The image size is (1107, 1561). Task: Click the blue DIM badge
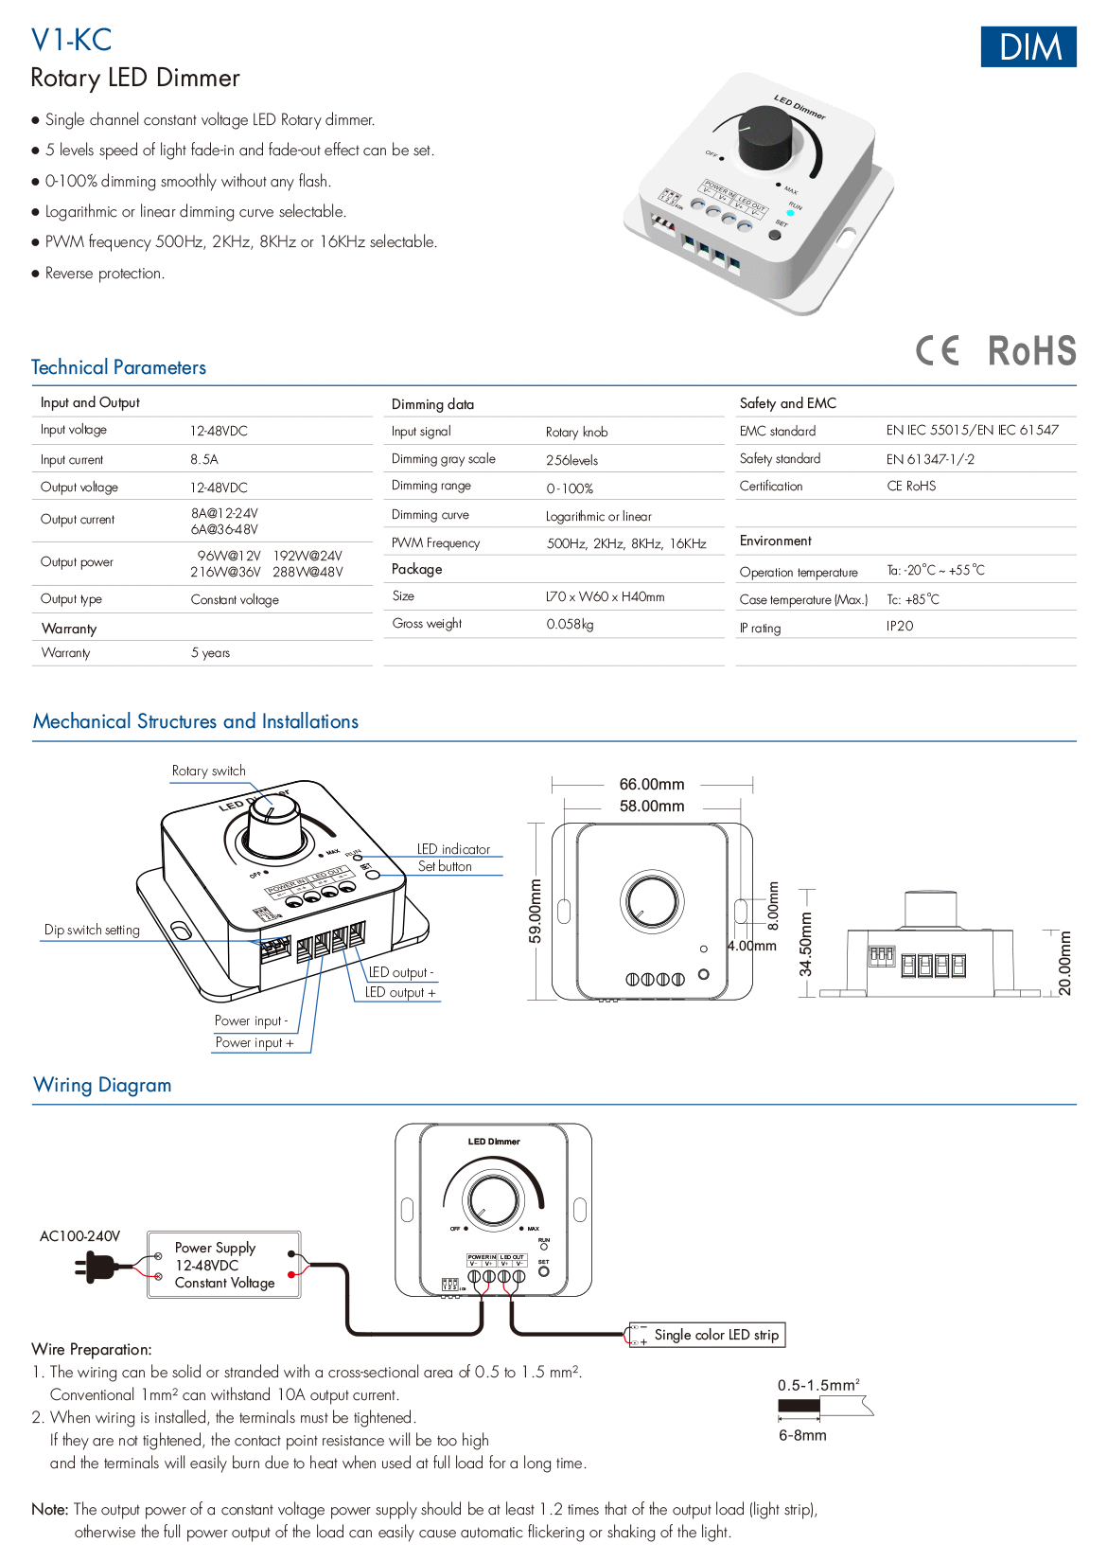pyautogui.click(x=1028, y=46)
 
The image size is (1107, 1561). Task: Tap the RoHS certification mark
pyautogui.click(x=1031, y=350)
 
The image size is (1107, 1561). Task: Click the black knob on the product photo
pyautogui.click(x=765, y=137)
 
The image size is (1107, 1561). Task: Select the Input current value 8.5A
pyautogui.click(x=204, y=459)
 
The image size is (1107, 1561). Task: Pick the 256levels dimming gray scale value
pyautogui.click(x=572, y=460)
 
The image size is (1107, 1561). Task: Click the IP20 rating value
pyautogui.click(x=900, y=626)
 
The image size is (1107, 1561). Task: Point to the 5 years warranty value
pyautogui.click(x=210, y=653)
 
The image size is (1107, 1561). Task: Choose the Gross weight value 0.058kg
pyautogui.click(x=570, y=624)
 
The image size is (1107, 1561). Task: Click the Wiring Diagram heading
pyautogui.click(x=102, y=1085)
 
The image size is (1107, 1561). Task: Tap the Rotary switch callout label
pyautogui.click(x=209, y=771)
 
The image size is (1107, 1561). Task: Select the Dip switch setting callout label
pyautogui.click(x=92, y=930)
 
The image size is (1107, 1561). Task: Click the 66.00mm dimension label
pyautogui.click(x=652, y=784)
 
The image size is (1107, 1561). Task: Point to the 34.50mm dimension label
pyautogui.click(x=805, y=944)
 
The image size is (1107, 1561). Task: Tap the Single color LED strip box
pyautogui.click(x=707, y=1335)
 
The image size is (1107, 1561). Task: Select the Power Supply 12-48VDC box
pyautogui.click(x=223, y=1265)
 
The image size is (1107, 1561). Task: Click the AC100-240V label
pyautogui.click(x=80, y=1236)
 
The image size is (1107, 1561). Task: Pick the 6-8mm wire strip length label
pyautogui.click(x=802, y=1435)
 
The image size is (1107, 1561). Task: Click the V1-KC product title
pyautogui.click(x=71, y=41)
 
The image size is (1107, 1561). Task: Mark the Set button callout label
pyautogui.click(x=445, y=866)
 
